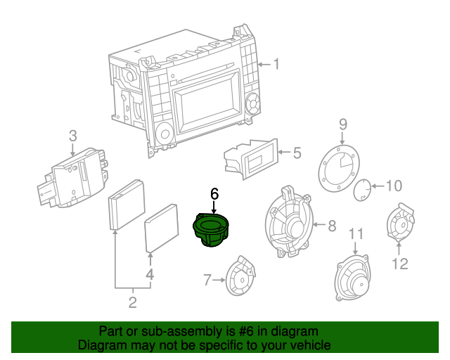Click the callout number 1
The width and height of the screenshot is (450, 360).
click(276, 65)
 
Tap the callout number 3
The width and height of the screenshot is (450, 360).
click(73, 136)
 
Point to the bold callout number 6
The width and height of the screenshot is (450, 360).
click(214, 193)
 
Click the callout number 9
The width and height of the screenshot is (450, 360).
click(343, 124)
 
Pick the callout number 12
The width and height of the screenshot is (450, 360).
click(399, 264)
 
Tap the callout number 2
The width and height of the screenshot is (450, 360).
click(131, 303)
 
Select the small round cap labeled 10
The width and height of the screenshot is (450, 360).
click(361, 188)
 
